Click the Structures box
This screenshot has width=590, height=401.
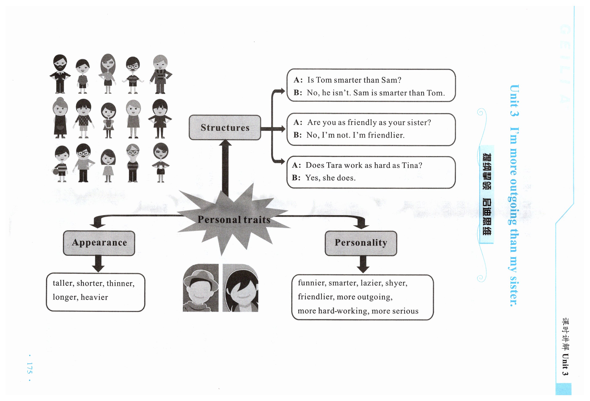[225, 127]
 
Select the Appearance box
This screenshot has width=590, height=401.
[99, 243]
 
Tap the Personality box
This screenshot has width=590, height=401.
[361, 243]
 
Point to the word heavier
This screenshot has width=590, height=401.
[94, 297]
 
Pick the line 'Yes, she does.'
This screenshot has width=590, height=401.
[330, 178]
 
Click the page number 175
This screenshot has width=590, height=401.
[29, 368]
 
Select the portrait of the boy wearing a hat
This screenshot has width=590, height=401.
[201, 288]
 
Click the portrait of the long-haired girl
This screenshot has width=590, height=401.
[240, 288]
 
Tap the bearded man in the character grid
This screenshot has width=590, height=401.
[60, 74]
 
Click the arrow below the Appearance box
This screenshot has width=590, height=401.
[98, 264]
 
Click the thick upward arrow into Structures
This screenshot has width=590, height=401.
[225, 167]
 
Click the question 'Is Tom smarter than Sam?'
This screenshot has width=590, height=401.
[354, 80]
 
